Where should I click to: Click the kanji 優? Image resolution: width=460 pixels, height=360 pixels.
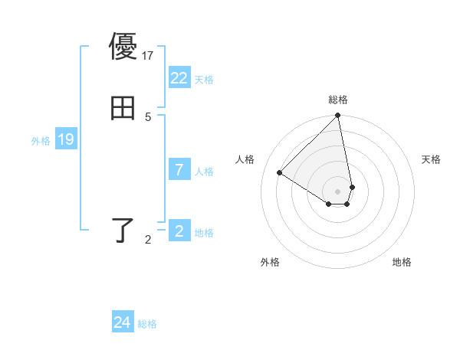[123, 47]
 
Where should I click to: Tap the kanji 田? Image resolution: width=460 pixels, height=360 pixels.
[123, 108]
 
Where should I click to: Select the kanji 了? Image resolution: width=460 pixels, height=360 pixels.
[123, 230]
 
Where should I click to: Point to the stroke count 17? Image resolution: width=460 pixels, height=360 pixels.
[149, 55]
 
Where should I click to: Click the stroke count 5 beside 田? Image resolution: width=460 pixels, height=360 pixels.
[148, 116]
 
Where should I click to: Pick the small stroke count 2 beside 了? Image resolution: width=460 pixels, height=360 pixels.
[148, 240]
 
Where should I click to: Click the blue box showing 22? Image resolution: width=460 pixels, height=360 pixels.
[179, 78]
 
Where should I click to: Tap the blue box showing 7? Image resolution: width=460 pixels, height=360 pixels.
[179, 170]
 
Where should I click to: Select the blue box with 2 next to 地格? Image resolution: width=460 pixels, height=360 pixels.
[179, 231]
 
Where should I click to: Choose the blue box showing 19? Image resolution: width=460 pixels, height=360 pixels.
[65, 139]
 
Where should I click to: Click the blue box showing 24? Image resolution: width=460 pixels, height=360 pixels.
[123, 322]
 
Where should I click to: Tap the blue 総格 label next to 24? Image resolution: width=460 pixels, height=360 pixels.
[147, 324]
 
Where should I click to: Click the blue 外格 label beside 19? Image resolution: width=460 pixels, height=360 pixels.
[41, 141]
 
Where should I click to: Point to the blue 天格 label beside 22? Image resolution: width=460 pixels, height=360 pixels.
[204, 80]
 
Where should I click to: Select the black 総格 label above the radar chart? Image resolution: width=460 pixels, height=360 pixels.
[338, 100]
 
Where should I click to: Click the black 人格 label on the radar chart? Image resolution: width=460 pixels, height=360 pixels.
[245, 159]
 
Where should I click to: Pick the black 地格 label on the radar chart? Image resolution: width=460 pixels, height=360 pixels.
[402, 263]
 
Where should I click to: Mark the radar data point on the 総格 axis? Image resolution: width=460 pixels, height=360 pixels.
[338, 116]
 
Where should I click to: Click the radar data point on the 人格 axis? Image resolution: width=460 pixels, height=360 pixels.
[280, 172]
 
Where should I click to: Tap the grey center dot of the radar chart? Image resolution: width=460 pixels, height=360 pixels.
[338, 191]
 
